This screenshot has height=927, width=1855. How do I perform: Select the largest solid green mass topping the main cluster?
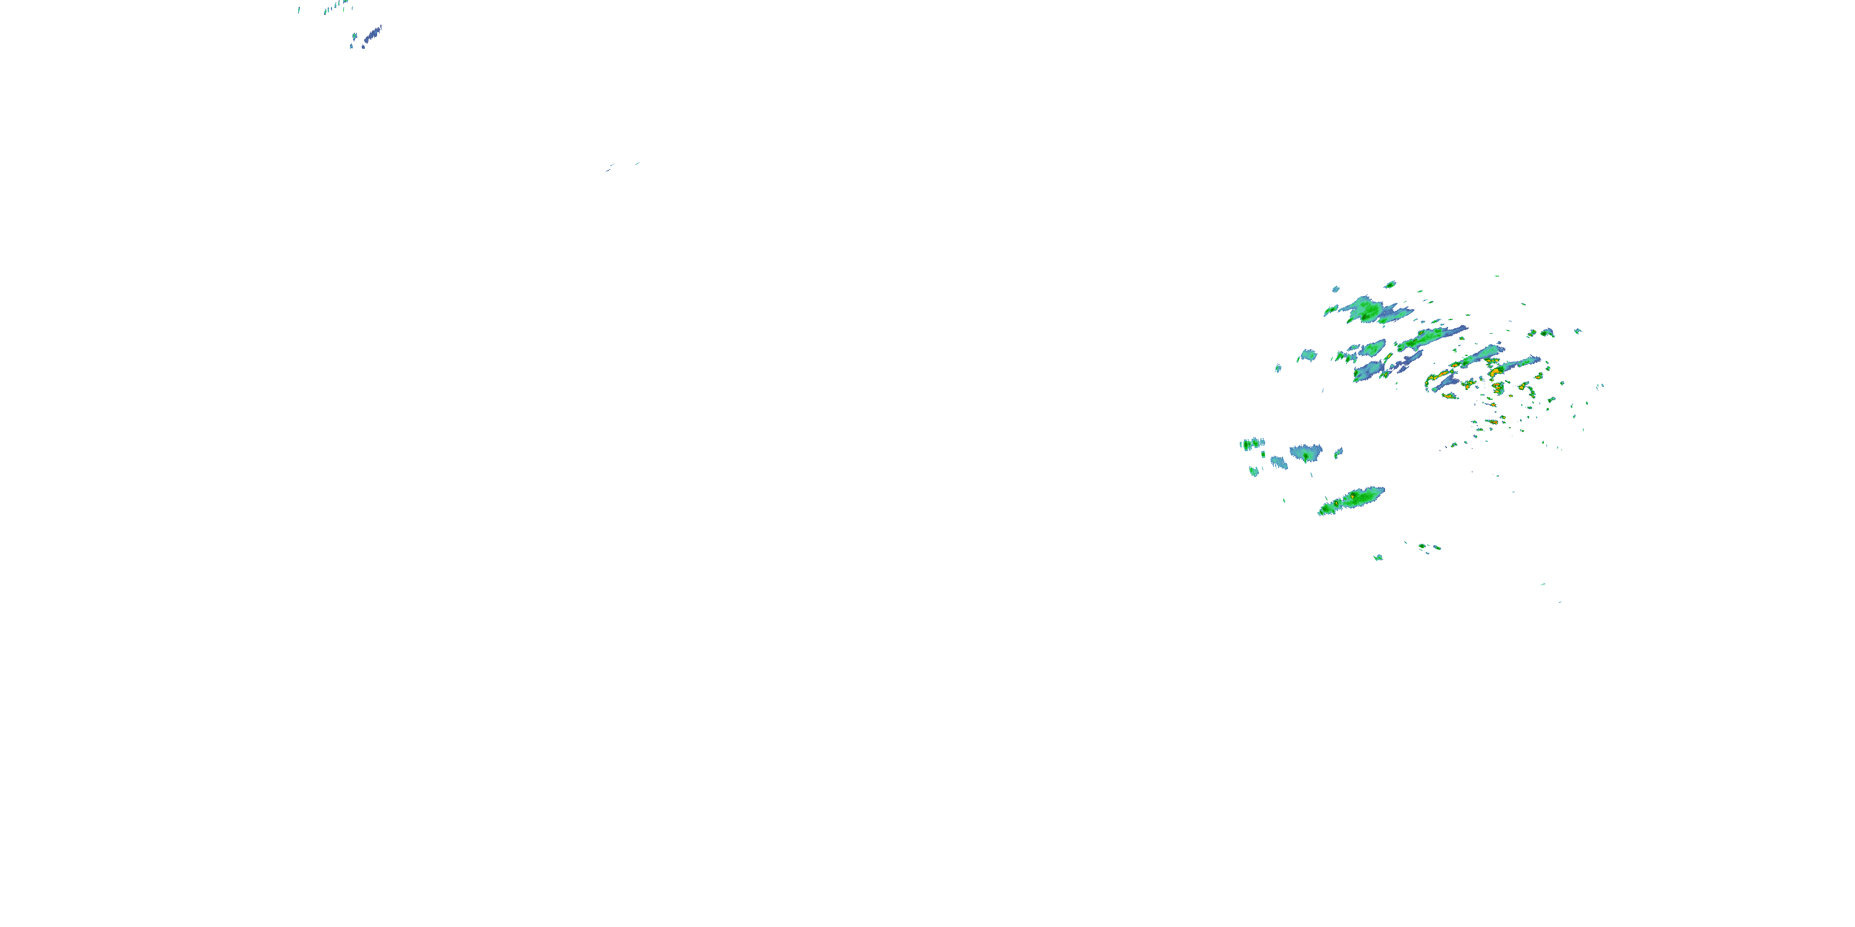1366,310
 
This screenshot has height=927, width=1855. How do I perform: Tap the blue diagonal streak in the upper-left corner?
372,33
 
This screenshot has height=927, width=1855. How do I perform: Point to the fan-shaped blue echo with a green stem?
1305,454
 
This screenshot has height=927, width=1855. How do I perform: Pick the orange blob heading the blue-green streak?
1498,371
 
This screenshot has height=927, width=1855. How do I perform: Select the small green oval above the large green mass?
1390,284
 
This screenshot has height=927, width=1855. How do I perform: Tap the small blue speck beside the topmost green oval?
1335,289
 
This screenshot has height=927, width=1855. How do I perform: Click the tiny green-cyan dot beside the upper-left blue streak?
354,36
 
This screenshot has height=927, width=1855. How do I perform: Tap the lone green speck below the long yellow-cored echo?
1378,557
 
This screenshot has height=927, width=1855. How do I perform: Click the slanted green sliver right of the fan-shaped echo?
1339,453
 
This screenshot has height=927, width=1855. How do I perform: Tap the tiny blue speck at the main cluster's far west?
1278,368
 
